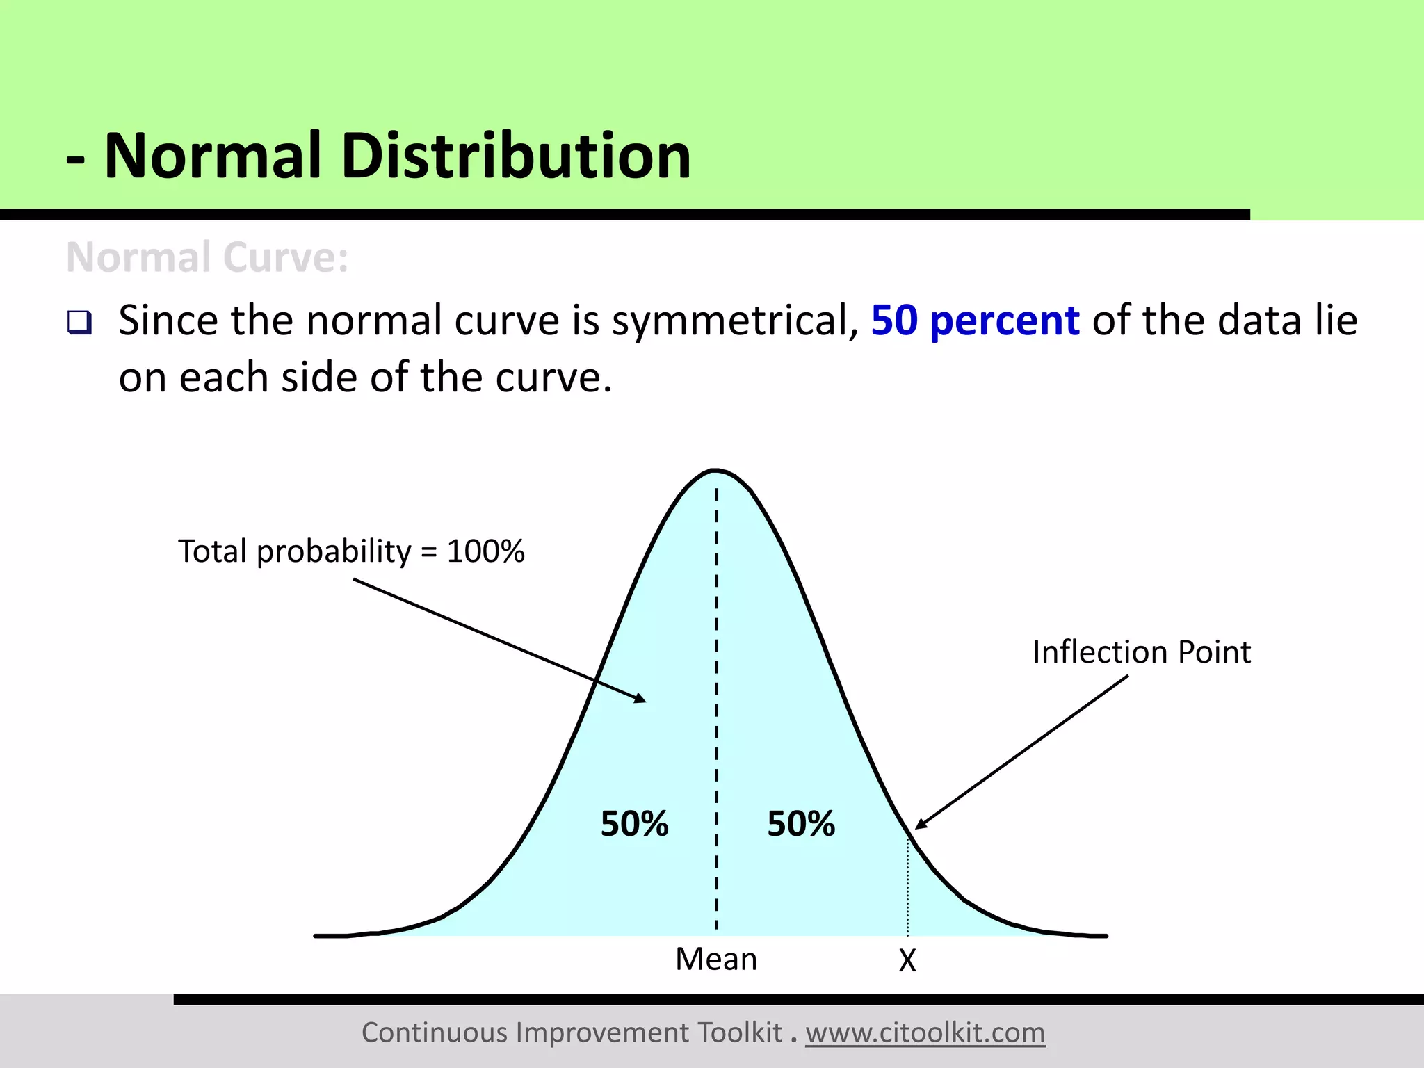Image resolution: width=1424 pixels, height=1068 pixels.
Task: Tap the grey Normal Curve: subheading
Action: click(x=207, y=258)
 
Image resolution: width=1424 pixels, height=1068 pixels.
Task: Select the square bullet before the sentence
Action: click(x=79, y=323)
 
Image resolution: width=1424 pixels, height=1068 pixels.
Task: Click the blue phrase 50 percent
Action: click(x=975, y=321)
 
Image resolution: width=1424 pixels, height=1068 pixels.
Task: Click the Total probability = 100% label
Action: click(x=351, y=551)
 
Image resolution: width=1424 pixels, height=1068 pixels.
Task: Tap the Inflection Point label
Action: click(x=1141, y=652)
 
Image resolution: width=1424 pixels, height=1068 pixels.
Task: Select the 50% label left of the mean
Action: click(x=634, y=824)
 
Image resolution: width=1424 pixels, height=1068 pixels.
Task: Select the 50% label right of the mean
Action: click(x=801, y=824)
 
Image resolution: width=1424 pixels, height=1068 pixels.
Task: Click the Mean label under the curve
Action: click(x=716, y=960)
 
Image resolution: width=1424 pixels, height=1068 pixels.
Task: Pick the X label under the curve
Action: click(x=907, y=961)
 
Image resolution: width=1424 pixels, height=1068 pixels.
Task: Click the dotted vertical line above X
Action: click(x=907, y=890)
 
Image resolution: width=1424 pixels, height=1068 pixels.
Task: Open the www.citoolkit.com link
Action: click(x=925, y=1033)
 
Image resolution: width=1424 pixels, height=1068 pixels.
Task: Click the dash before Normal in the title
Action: click(x=76, y=161)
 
